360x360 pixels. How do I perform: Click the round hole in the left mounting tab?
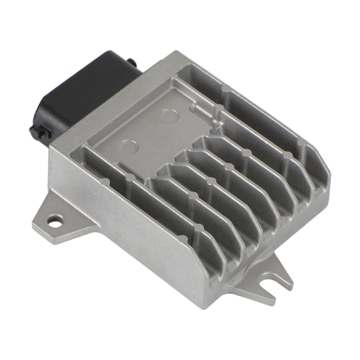tap(54, 219)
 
